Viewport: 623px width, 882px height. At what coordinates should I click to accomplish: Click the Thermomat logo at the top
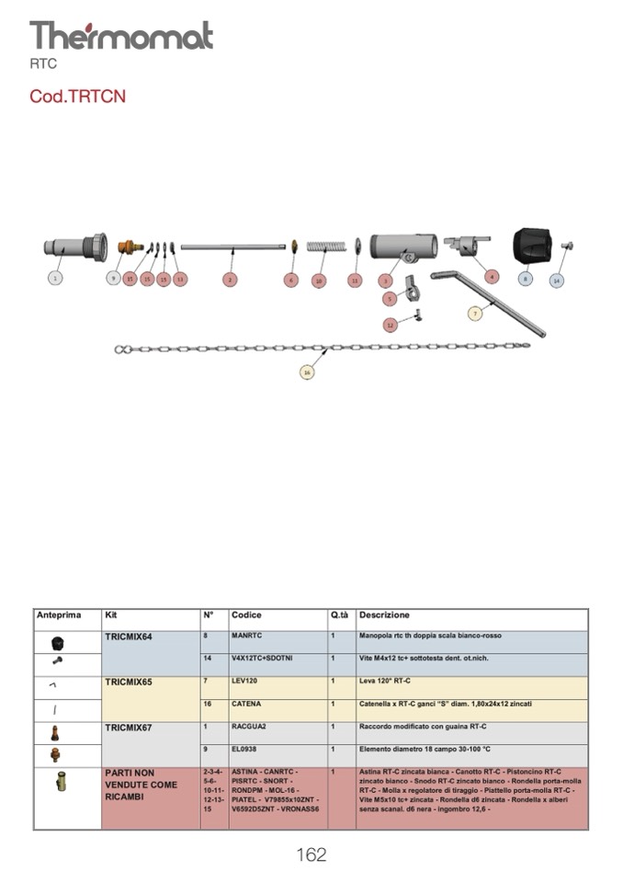click(121, 36)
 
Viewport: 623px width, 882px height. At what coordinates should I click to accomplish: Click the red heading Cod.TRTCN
click(77, 96)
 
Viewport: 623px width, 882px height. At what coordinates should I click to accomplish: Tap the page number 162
click(311, 855)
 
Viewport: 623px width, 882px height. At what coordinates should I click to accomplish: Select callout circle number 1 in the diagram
click(56, 278)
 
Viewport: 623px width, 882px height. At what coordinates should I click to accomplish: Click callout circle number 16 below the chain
click(307, 372)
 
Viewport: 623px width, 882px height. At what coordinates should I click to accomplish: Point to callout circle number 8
click(525, 278)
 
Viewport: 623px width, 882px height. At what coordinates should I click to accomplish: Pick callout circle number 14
click(556, 280)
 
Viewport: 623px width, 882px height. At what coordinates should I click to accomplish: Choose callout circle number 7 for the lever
click(475, 313)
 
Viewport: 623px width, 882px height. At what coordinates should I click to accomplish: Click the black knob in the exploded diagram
click(533, 245)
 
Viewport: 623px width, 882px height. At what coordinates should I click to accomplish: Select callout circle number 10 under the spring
click(319, 280)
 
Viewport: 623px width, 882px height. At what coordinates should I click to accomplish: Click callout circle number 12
click(390, 325)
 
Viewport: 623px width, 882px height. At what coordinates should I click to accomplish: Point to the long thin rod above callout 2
click(232, 246)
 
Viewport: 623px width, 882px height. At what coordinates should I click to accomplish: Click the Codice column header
click(246, 615)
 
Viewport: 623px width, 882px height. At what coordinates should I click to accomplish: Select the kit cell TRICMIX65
click(129, 682)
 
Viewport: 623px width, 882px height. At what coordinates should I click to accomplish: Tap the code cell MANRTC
click(247, 636)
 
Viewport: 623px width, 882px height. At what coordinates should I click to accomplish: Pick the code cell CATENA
click(246, 704)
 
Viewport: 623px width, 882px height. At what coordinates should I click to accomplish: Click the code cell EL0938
click(245, 750)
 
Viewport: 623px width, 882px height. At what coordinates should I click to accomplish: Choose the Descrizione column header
click(384, 615)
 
